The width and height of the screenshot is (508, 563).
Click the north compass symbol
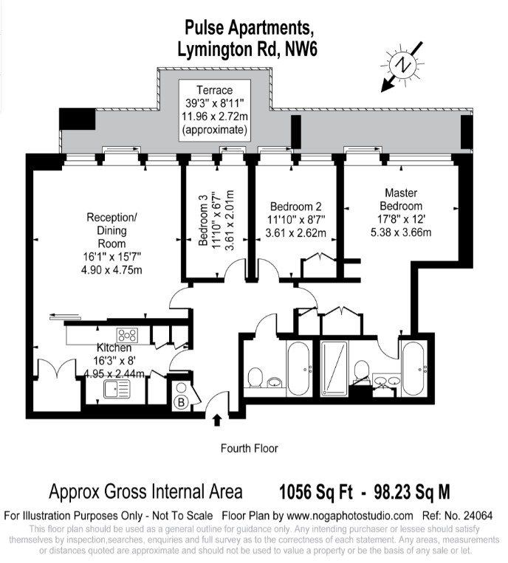tap(403, 66)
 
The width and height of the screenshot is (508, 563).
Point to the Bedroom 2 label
tap(295, 207)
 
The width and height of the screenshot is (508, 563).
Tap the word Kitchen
tap(114, 348)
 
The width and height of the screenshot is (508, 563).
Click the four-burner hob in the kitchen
tap(126, 334)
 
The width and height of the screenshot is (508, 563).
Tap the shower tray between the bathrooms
tap(336, 368)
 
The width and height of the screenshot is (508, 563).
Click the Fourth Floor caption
tap(250, 448)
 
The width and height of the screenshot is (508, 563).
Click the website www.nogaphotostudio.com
tap(349, 516)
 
